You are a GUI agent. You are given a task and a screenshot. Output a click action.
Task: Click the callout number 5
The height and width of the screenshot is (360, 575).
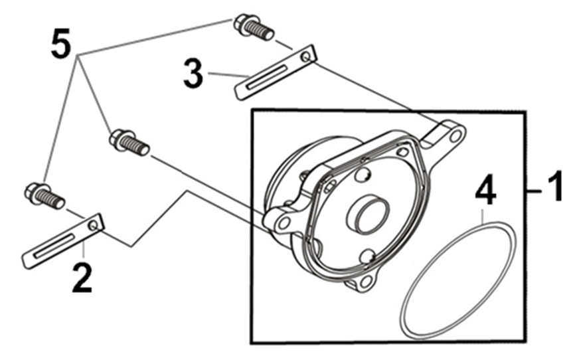(61, 44)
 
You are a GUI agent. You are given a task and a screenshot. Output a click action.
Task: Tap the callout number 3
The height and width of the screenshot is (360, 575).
(193, 75)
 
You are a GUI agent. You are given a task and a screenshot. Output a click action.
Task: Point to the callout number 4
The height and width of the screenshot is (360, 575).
(485, 192)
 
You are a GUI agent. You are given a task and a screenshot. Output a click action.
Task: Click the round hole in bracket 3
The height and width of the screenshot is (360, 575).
(305, 56)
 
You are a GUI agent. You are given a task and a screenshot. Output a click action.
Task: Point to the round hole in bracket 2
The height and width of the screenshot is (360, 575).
(94, 226)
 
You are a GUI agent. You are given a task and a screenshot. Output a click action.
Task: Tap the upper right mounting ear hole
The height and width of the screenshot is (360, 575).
(455, 137)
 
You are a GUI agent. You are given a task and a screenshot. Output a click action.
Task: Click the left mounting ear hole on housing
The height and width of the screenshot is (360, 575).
(284, 224)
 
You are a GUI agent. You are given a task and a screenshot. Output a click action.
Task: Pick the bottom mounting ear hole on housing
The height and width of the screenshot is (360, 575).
(365, 281)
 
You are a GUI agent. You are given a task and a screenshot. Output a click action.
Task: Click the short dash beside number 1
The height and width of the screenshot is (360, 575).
(536, 191)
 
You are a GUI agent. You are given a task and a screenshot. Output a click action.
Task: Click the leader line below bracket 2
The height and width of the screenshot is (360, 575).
(84, 250)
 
